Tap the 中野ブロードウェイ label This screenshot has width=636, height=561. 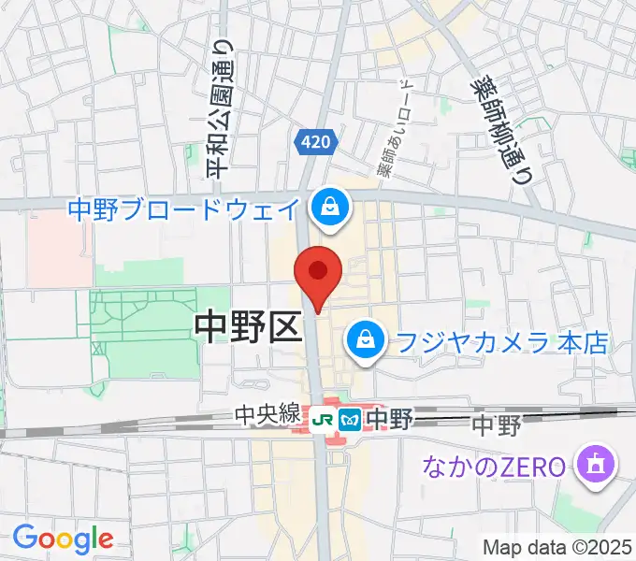click(184, 208)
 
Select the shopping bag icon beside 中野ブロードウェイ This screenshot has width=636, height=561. click(330, 208)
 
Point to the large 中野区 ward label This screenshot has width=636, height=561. click(247, 328)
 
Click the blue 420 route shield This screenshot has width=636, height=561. click(315, 142)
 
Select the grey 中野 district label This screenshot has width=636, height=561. click(495, 426)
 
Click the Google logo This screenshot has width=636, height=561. click(63, 539)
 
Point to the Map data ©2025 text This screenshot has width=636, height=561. click(557, 547)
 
